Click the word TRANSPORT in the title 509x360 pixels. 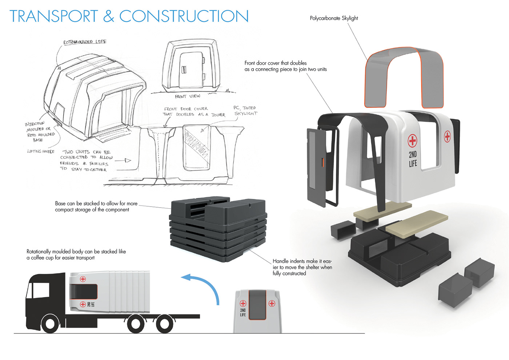point(54,16)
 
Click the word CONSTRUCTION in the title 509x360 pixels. point(184,16)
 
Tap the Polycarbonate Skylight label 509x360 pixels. point(334,18)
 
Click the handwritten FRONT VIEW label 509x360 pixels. point(187,96)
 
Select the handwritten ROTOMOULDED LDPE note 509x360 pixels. point(85,42)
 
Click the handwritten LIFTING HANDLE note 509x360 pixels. point(41,151)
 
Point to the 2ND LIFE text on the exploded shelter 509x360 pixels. point(413,159)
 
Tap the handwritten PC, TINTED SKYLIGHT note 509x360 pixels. point(245,111)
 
